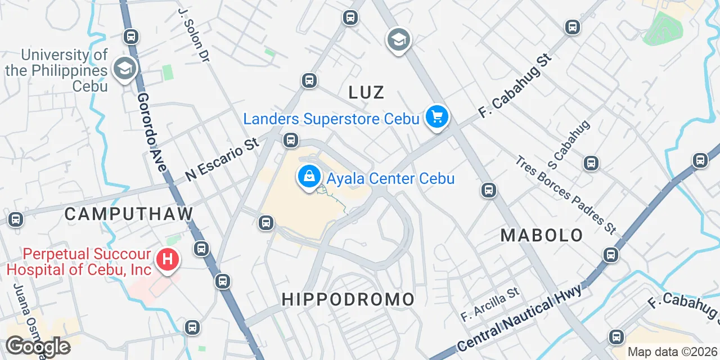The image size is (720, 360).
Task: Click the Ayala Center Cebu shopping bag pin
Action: click(309, 177)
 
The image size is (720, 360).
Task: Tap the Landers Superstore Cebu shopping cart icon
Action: click(437, 117)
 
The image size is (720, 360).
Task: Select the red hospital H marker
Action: click(167, 260)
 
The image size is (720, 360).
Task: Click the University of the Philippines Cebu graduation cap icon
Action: click(123, 69)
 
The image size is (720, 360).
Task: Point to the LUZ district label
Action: click(366, 92)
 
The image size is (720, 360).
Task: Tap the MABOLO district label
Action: click(542, 235)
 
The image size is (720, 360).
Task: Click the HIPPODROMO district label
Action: click(348, 299)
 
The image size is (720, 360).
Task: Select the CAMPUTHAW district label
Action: click(129, 214)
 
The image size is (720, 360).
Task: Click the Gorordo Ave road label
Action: click(153, 133)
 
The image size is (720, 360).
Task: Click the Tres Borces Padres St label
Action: click(565, 195)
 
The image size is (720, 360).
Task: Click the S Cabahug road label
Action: click(571, 145)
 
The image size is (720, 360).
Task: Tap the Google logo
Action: click(38, 346)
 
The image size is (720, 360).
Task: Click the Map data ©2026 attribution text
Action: click(672, 352)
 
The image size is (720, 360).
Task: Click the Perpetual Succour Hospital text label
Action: click(79, 262)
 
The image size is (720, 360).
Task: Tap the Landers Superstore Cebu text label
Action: click(331, 119)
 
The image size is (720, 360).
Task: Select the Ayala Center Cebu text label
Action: click(391, 179)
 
